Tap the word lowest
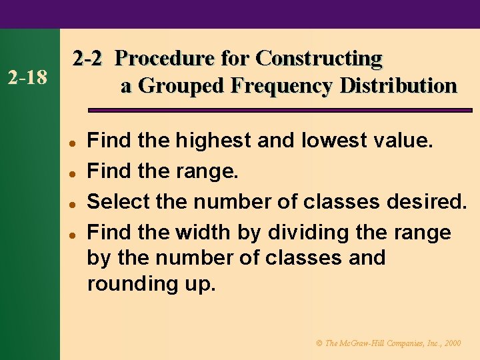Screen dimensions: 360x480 pos(334,141)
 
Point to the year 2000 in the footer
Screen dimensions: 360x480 pos(451,343)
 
